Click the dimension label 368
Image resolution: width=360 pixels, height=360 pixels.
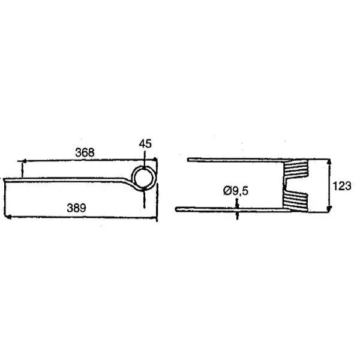85,152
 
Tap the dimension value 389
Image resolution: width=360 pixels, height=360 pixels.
76,208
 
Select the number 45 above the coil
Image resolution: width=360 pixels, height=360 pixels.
145,144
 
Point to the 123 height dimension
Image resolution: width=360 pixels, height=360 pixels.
342,186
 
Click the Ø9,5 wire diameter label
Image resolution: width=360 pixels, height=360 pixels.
236,191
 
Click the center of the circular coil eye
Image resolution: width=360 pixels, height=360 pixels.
144,179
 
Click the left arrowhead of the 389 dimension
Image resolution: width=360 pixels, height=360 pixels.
8,217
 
